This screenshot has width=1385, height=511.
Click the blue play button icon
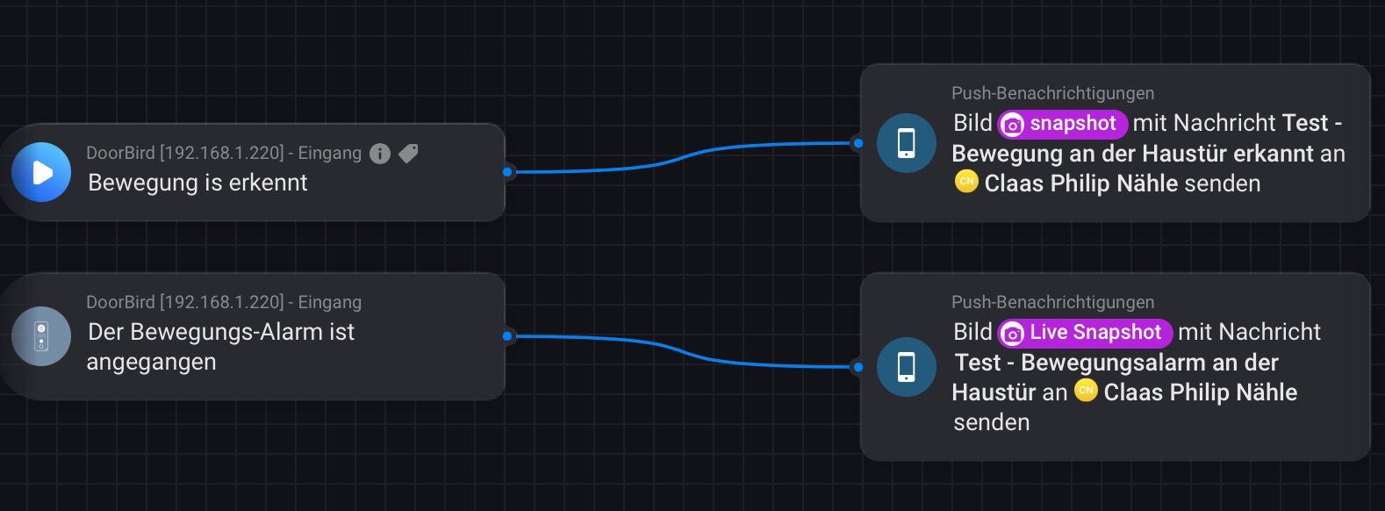41,172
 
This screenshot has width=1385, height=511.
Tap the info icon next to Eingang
380,154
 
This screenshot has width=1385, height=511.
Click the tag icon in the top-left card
408,154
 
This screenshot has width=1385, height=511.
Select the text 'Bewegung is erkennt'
197,183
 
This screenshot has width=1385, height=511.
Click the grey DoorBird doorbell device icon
41,336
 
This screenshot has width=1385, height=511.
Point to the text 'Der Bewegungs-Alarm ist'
221,332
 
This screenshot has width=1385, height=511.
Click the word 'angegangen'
151,362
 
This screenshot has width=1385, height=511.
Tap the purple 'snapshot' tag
1062,124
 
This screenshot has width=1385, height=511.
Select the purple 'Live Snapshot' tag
1085,333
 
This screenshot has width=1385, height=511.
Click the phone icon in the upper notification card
907,143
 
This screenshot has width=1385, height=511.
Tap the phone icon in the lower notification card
907,367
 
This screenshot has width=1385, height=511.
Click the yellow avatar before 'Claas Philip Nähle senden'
966,182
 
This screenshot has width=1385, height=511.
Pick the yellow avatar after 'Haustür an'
1086,391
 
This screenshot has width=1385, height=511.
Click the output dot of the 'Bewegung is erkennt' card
507,172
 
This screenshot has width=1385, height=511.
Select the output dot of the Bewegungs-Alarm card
507,336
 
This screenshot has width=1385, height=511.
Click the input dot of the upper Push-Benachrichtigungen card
858,143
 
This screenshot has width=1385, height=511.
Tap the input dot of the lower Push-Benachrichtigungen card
858,367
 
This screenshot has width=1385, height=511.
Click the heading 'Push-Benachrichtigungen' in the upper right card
1052,93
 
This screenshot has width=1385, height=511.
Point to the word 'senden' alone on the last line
992,422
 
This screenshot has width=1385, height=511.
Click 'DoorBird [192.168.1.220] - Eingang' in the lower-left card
224,302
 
